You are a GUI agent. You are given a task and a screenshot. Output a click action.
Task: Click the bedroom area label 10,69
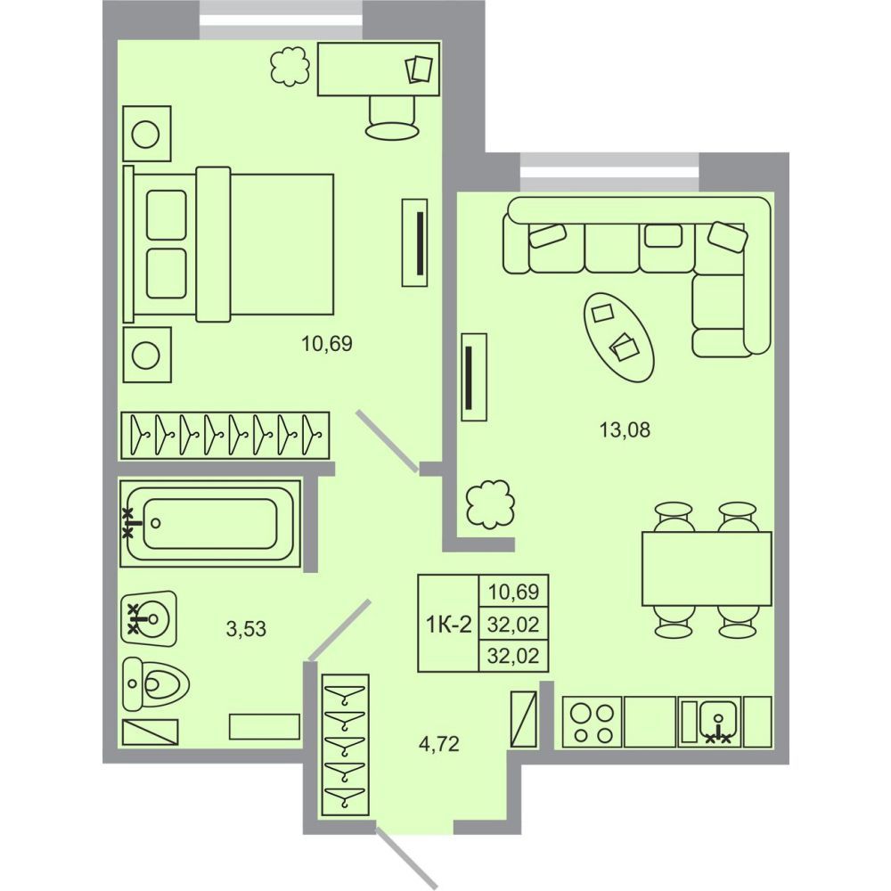[x=327, y=344]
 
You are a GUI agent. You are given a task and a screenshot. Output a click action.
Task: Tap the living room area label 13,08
[x=625, y=430]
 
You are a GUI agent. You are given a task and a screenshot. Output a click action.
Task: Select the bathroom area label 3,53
[x=246, y=629]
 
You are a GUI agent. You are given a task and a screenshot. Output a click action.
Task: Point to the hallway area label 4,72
[x=438, y=743]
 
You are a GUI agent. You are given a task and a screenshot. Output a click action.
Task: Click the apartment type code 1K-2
[x=449, y=625]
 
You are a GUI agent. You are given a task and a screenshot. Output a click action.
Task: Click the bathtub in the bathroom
[x=211, y=523]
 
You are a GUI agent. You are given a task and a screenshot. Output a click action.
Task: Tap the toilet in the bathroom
[x=156, y=684]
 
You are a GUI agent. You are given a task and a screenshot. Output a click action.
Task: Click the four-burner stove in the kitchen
[x=593, y=722]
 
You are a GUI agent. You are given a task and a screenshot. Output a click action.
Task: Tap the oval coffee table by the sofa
[x=619, y=337]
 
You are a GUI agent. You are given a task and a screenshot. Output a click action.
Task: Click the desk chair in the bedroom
[x=393, y=118]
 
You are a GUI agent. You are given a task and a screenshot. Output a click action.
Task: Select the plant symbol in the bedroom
[x=290, y=67]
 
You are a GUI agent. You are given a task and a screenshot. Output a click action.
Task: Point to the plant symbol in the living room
[x=490, y=504]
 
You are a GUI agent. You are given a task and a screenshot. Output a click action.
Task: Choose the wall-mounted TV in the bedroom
[x=415, y=242]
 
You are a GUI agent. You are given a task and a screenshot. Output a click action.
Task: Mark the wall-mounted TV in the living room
[x=474, y=377]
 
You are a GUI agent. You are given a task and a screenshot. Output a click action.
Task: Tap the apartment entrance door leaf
[x=407, y=859]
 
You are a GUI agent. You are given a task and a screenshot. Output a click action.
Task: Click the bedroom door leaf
[x=388, y=441]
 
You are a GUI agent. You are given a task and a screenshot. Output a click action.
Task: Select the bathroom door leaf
[x=339, y=631]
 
